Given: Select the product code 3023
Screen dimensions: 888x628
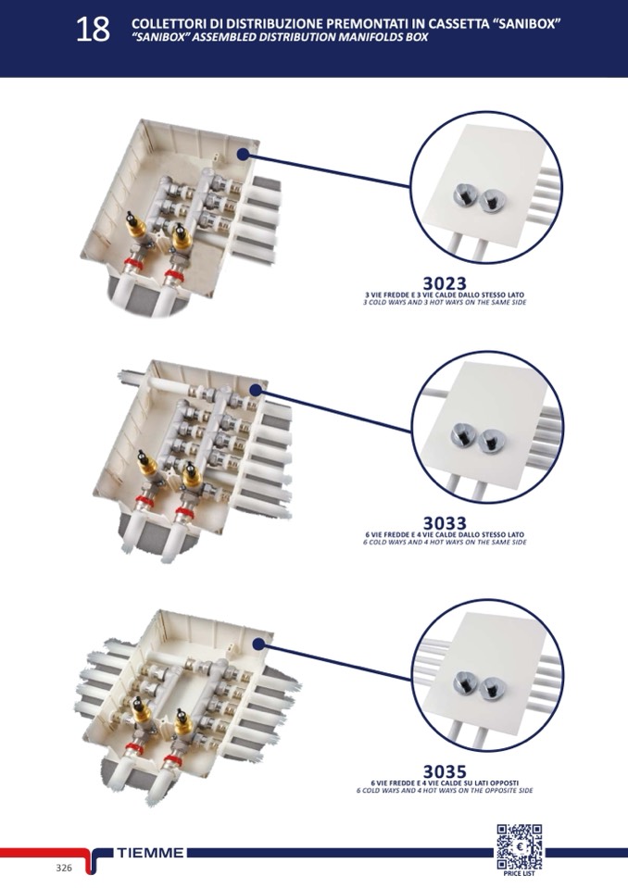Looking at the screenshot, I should (445, 282).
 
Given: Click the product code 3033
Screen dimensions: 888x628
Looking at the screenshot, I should (445, 523).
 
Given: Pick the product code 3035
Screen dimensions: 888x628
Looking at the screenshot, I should (445, 770).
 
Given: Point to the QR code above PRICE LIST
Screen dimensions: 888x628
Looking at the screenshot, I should (519, 844).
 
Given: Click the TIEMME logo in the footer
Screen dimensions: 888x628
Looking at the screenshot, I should (152, 852).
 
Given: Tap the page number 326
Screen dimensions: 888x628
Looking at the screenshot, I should (64, 868).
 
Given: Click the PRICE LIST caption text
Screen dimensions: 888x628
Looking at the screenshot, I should (519, 873).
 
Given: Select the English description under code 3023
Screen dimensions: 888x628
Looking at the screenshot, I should (445, 302).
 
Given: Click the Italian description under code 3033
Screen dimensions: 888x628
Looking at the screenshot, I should (445, 534).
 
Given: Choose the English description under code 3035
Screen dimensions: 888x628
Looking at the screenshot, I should (445, 790).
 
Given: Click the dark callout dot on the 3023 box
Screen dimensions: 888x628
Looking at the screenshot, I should (243, 155).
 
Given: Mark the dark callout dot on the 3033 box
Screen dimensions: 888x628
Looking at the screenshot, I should (256, 392).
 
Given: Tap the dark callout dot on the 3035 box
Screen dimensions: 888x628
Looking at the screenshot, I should (258, 643).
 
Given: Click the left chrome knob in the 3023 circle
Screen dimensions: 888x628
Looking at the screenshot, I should (460, 195).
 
